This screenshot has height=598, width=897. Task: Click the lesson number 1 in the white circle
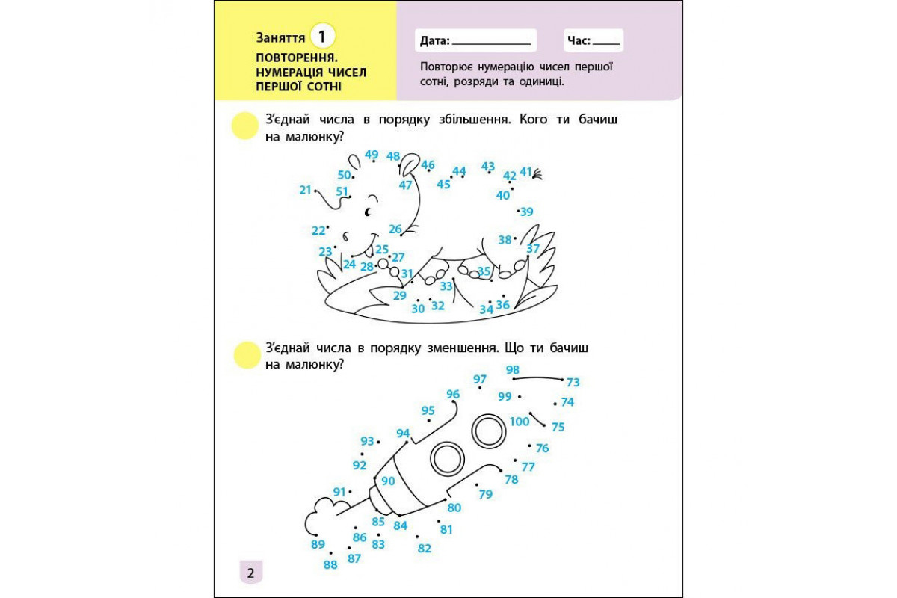tap(321, 36)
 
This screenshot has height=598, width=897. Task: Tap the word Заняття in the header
tap(280, 37)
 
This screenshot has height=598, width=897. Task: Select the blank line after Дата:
tap(491, 42)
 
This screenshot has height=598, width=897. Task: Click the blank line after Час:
tap(606, 42)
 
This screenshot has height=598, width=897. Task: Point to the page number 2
tap(250, 573)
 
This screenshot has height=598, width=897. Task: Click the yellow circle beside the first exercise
tap(244, 126)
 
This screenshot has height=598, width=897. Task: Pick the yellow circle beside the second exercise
tap(244, 354)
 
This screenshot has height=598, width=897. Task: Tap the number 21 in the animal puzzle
tap(305, 190)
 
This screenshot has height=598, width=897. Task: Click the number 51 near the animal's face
tap(342, 191)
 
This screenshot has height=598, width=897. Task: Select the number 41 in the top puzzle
tap(525, 172)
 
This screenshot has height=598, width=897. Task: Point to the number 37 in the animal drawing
tap(533, 248)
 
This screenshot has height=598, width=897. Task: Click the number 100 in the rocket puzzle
tap(520, 422)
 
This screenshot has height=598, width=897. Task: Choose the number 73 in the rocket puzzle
tap(573, 383)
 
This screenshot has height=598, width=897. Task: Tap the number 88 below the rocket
tap(330, 565)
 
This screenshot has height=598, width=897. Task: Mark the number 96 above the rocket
tap(453, 394)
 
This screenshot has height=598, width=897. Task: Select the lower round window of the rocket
tap(448, 458)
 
